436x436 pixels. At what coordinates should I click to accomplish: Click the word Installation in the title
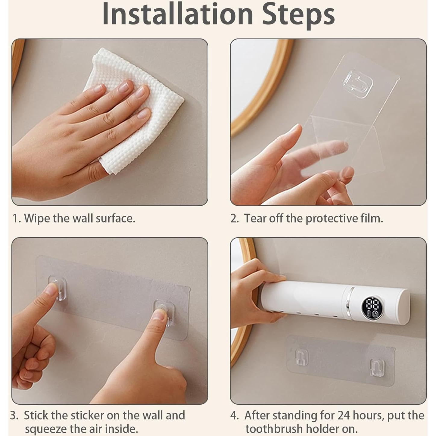pyautogui.click(x=178, y=14)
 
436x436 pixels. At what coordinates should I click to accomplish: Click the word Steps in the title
pyautogui.click(x=298, y=15)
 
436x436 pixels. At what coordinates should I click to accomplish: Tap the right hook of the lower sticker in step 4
pyautogui.click(x=377, y=367)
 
